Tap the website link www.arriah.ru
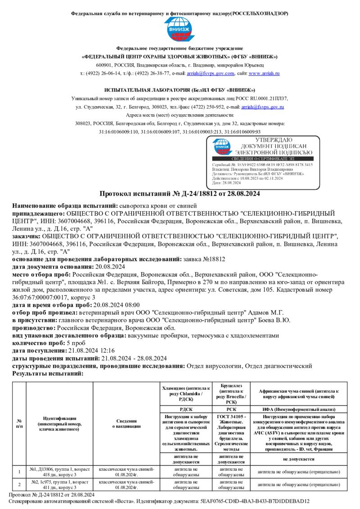coord(264,73)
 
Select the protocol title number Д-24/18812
coord(201,194)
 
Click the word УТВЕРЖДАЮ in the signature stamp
coord(273,140)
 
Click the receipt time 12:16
coord(106,350)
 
